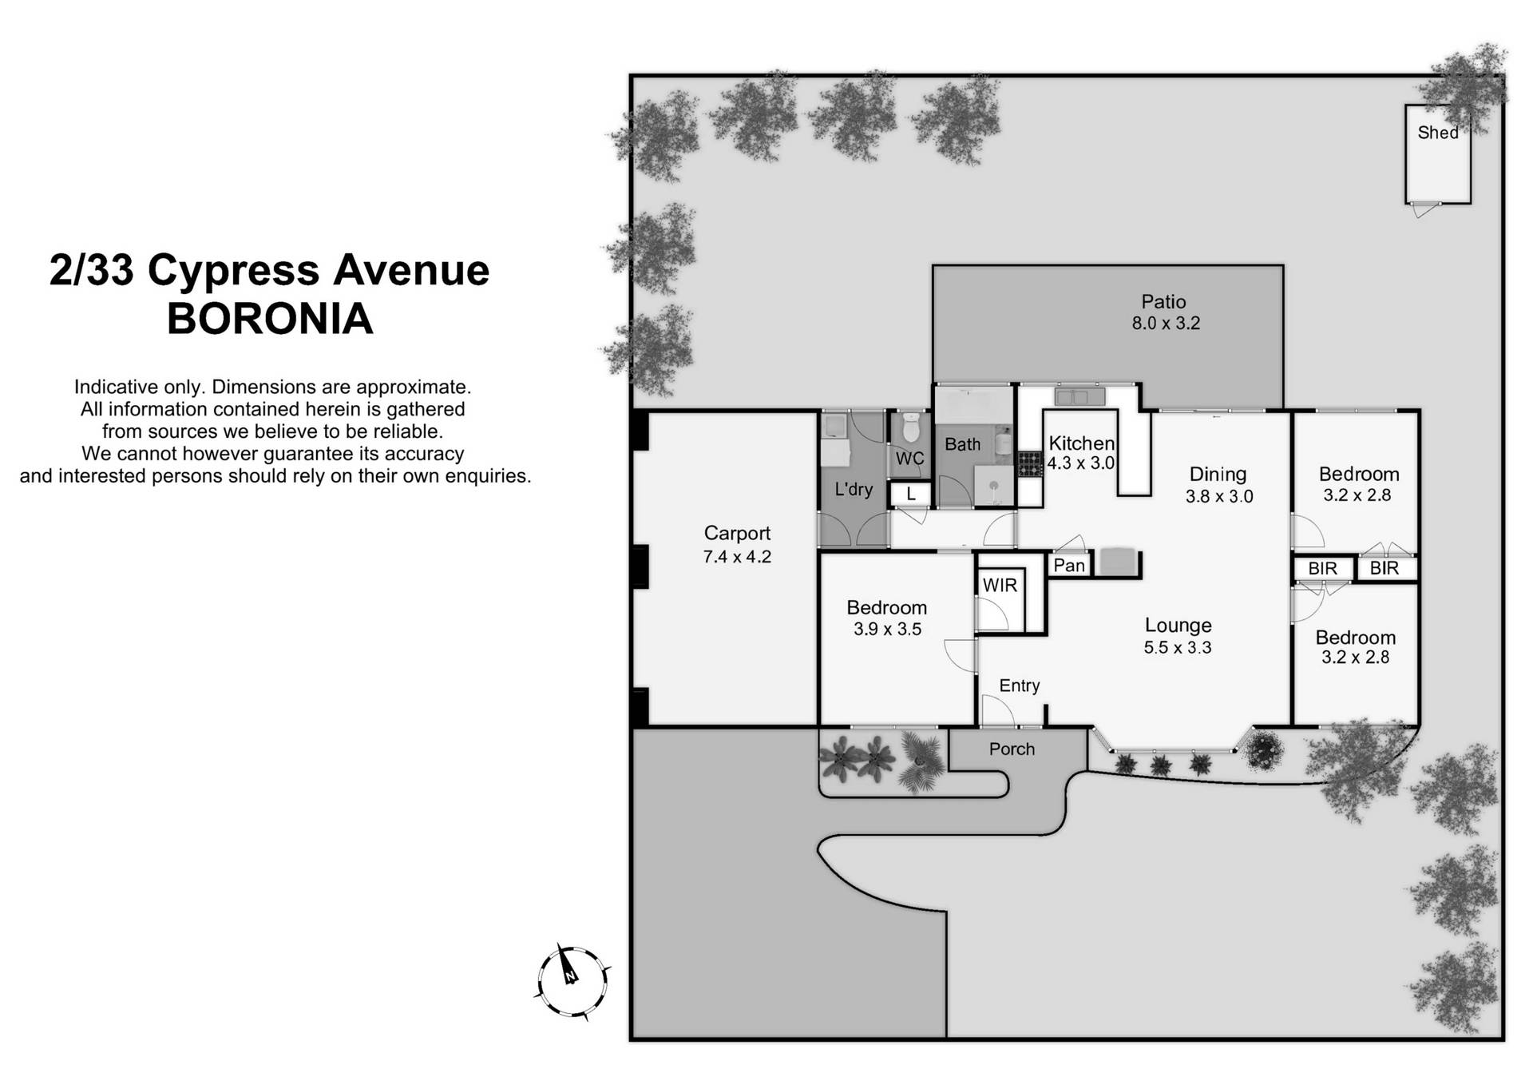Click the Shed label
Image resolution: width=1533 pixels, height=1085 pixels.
[1437, 133]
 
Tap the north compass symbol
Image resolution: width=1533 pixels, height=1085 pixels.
[571, 980]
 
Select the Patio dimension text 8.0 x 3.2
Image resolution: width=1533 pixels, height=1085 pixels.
[1165, 324]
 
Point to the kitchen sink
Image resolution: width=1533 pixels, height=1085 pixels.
[1079, 396]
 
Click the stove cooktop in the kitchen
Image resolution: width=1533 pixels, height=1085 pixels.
[1029, 463]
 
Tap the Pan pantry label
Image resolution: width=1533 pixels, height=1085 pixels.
[1069, 566]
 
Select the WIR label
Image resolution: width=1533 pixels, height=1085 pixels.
[1000, 586]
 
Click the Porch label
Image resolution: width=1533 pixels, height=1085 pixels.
[1011, 749]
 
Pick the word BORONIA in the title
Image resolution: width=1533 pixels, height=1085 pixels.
[270, 319]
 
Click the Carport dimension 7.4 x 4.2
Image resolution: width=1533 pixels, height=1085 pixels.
[736, 557]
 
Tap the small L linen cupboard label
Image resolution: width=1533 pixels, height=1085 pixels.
[911, 495]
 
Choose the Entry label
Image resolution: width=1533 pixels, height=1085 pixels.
[1019, 686]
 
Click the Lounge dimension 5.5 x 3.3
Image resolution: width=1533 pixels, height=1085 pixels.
[1177, 648]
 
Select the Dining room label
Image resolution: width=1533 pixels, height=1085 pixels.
[1217, 475]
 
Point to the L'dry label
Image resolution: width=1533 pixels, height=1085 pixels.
[853, 489]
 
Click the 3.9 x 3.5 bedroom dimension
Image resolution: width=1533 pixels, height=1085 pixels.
[886, 630]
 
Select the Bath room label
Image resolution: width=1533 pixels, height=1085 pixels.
[962, 445]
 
